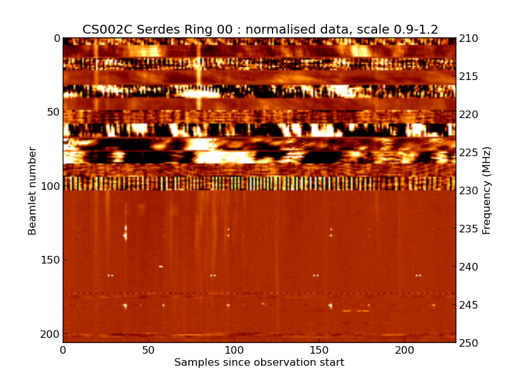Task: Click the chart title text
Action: click(x=260, y=29)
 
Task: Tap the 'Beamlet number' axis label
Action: click(x=32, y=190)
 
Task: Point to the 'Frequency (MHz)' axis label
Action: click(x=487, y=190)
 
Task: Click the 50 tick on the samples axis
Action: click(x=148, y=350)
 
